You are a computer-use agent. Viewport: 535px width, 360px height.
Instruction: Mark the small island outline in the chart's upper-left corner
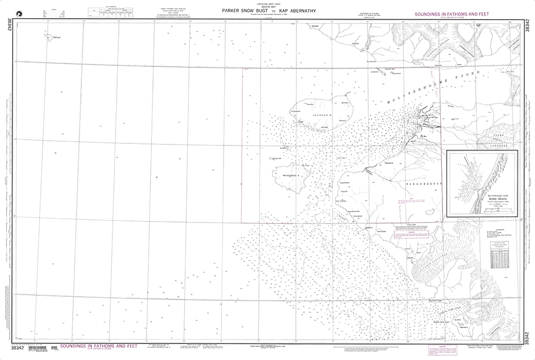[49, 36]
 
